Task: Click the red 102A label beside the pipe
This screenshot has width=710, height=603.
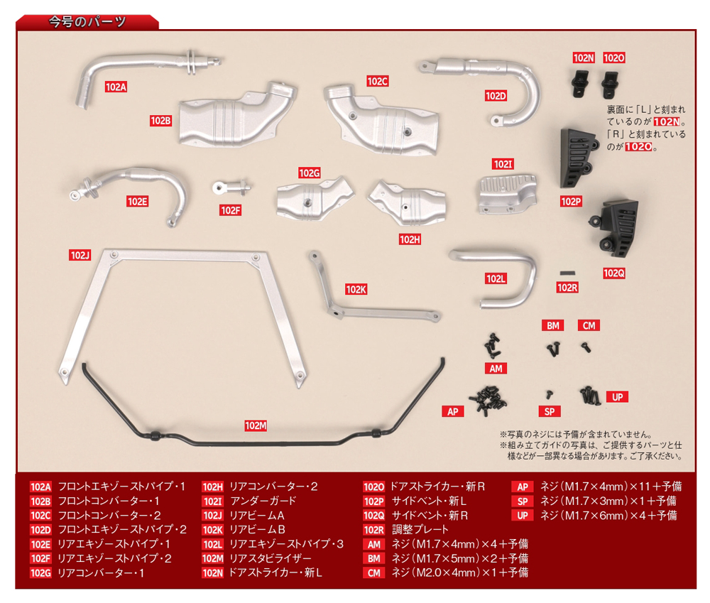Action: click(115, 87)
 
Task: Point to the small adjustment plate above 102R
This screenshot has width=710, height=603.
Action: click(567, 272)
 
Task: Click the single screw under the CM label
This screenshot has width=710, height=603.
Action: click(586, 347)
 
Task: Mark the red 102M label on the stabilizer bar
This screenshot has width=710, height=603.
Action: click(255, 425)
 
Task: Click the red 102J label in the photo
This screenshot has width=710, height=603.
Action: click(80, 255)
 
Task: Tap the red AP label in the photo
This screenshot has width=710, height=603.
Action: click(452, 411)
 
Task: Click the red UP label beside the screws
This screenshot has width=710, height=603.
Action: click(617, 397)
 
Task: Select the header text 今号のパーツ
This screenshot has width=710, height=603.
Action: click(87, 21)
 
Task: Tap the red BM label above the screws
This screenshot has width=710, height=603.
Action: click(553, 326)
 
